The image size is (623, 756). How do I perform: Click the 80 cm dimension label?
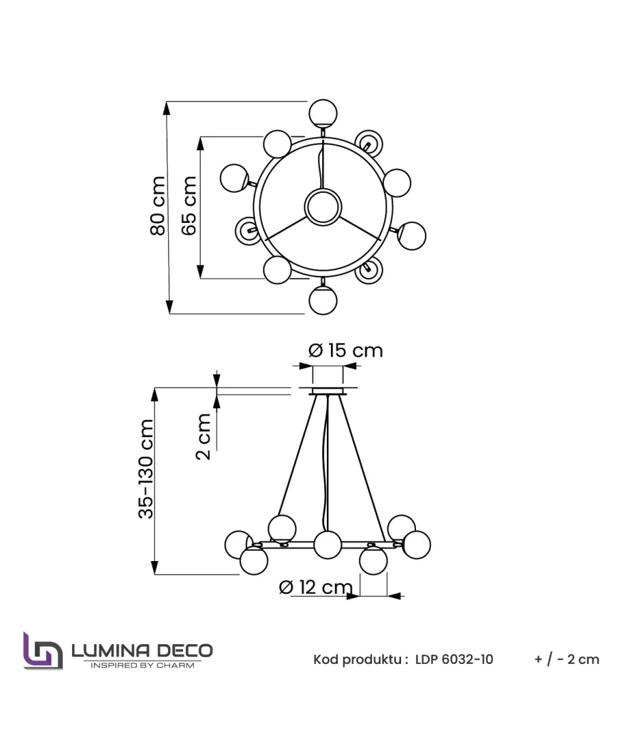point(158,206)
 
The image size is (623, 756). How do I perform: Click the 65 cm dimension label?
point(189,206)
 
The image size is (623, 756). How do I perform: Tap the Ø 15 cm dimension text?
point(346,350)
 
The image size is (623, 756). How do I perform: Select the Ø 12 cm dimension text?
point(316,587)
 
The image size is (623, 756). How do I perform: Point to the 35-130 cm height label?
point(146,468)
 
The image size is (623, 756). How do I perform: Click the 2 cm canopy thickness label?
point(204,436)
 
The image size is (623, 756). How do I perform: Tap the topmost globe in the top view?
point(323,112)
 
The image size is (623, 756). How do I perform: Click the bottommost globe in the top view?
point(323,300)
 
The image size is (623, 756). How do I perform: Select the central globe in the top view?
point(323,207)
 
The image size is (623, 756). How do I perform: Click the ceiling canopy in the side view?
point(328,391)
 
